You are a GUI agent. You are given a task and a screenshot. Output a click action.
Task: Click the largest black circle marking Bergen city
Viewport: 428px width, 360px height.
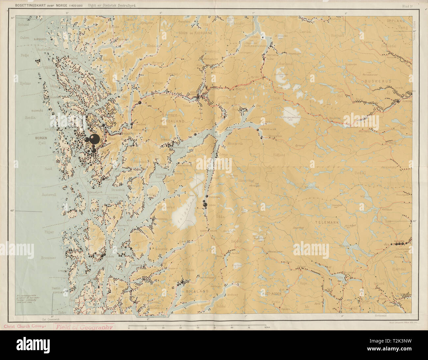click(x=94, y=139)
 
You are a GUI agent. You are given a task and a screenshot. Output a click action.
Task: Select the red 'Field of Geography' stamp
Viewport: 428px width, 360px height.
click(x=84, y=327)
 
